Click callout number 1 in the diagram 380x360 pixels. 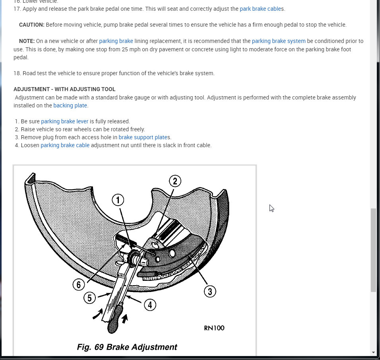[x=118, y=200]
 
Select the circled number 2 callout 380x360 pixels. [x=175, y=181]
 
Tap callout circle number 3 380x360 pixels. [x=210, y=291]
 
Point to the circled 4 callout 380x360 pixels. [x=150, y=305]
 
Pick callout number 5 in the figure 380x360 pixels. [x=90, y=298]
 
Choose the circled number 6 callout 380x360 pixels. [x=79, y=284]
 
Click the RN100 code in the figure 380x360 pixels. [x=214, y=328]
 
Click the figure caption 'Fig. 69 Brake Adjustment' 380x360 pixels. [x=127, y=347]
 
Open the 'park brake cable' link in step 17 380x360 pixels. [x=260, y=9]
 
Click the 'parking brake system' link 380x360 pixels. [x=279, y=41]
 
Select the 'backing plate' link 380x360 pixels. [x=70, y=105]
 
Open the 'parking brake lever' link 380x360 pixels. [x=64, y=121]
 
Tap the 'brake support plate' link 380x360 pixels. [x=143, y=137]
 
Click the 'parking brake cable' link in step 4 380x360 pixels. [x=65, y=145]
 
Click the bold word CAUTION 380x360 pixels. [x=32, y=25]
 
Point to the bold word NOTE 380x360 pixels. [x=27, y=41]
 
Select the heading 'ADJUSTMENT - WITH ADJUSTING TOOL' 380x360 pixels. [x=64, y=89]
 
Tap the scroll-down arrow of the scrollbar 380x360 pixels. [x=373, y=352]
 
